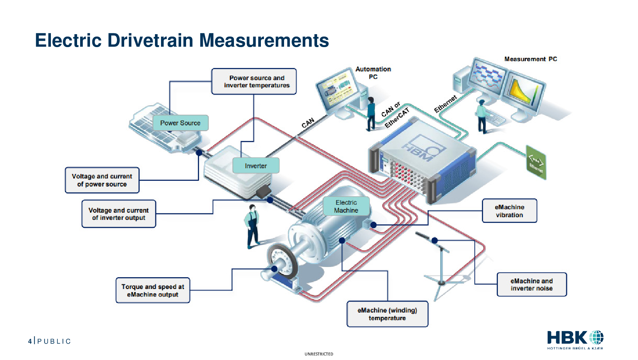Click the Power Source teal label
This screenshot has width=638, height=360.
(x=181, y=123)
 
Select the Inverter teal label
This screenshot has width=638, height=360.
(x=256, y=166)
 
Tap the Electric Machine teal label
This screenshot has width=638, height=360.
(x=346, y=206)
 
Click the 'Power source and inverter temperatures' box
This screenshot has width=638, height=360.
(x=254, y=81)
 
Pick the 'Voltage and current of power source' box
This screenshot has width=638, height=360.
(x=102, y=180)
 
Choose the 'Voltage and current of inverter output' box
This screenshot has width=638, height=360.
(x=119, y=214)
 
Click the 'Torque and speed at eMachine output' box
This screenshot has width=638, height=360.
(x=153, y=290)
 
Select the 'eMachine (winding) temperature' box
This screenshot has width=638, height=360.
(x=387, y=314)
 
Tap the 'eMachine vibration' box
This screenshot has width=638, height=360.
(x=510, y=211)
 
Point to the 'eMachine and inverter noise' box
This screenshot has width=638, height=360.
(x=532, y=284)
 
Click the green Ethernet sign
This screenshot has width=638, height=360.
(x=536, y=163)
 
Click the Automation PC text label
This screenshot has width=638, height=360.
(x=373, y=73)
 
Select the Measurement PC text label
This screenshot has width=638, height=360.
(x=531, y=59)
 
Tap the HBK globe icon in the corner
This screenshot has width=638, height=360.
(x=596, y=338)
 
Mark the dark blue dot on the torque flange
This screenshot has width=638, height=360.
(x=274, y=268)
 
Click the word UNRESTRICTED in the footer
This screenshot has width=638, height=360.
(x=319, y=354)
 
